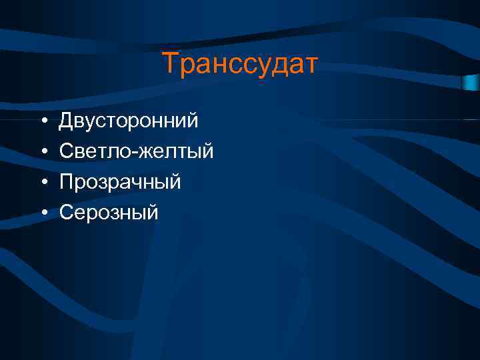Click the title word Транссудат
coord(240,64)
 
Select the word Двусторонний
coord(129,121)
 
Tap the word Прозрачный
coord(120,182)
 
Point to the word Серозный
coord(109,213)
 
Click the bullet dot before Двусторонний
coord(42,121)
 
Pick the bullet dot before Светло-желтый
coord(42,152)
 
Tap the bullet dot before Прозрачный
coord(42,183)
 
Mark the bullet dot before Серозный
coord(42,213)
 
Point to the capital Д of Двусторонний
coord(66,121)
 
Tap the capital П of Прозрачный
coord(66,182)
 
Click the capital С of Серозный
coord(66,213)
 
